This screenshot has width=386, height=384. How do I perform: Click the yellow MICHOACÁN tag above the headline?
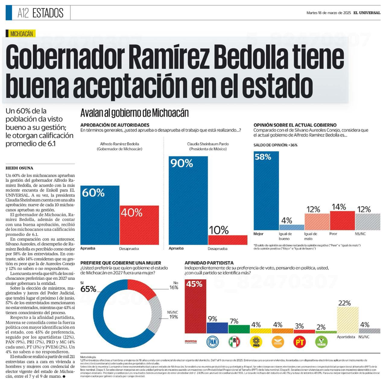pyautogui.click(x=21, y=34)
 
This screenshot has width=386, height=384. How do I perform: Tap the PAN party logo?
pyautogui.click(x=213, y=342)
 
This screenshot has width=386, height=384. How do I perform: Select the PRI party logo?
pyautogui.click(x=234, y=342)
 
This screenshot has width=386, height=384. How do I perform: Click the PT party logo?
pyautogui.click(x=299, y=342)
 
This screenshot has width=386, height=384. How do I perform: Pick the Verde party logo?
pyautogui.click(x=321, y=342)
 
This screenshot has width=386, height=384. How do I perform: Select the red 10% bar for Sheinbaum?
pyautogui.click(x=228, y=240)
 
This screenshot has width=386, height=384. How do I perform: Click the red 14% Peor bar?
pyautogui.click(x=342, y=221)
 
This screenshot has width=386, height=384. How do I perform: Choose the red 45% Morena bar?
pyautogui.click(x=195, y=306)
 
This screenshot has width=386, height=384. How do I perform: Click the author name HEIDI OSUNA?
pyautogui.click(x=19, y=168)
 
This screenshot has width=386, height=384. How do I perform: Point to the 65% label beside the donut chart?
pyautogui.click(x=88, y=289)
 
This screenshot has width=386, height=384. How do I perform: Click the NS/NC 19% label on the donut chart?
pyautogui.click(x=173, y=315)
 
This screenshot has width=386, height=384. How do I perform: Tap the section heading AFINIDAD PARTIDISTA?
pyautogui.click(x=209, y=263)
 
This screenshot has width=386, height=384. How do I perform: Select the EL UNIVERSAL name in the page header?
pyautogui.click(x=367, y=13)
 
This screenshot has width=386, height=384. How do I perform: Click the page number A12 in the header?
pyautogui.click(x=23, y=13)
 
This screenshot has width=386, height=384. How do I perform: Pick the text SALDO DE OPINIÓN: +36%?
pyautogui.click(x=275, y=145)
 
